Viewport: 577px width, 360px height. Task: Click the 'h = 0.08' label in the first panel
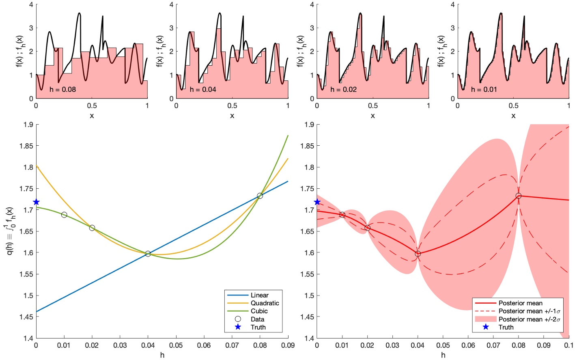[62, 89]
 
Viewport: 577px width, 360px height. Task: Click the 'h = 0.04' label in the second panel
[203, 89]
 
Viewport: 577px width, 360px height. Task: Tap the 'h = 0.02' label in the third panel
[343, 89]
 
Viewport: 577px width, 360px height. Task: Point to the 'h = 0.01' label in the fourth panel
[484, 89]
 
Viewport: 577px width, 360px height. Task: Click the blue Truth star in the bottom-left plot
[36, 202]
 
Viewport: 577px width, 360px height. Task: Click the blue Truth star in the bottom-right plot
[317, 202]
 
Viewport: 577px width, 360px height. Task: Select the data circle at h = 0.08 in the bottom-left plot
[260, 196]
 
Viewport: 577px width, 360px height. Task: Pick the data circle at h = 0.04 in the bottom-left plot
[148, 254]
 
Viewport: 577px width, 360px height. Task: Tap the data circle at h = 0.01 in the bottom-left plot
[64, 215]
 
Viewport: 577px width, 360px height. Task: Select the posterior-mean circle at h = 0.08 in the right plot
[519, 196]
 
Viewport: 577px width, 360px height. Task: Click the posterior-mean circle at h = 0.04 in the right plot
[418, 254]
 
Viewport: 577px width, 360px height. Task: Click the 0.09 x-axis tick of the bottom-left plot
[288, 345]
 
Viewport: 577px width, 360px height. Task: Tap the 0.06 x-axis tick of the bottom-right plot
[468, 345]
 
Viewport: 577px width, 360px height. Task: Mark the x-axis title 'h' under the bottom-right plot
[443, 355]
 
